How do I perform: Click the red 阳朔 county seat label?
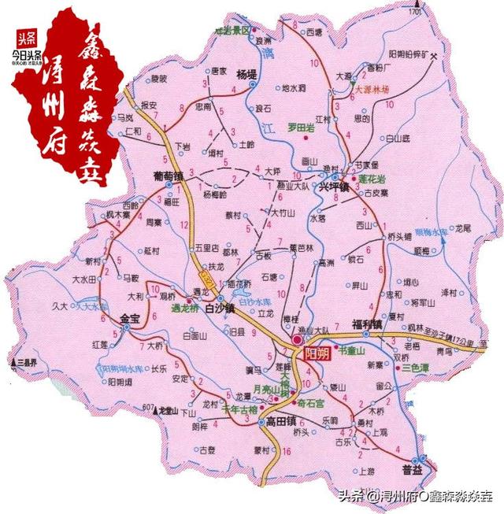point(317,341)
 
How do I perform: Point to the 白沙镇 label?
point(220,309)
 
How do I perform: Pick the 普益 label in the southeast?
point(412,469)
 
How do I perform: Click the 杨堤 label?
point(246,74)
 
